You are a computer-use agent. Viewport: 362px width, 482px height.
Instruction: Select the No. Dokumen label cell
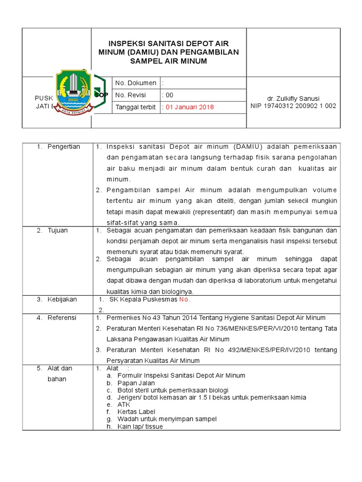pos(136,83)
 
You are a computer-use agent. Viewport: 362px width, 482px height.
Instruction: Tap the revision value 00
pos(168,95)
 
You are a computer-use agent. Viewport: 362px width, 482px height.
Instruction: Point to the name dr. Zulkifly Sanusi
pos(293,98)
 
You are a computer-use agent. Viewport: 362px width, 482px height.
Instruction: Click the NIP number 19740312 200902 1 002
pos(293,106)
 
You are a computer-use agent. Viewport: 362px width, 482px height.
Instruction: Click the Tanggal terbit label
pos(136,107)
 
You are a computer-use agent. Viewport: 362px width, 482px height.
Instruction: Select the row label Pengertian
pos(64,146)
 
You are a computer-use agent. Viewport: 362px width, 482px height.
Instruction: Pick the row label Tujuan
pos(58,230)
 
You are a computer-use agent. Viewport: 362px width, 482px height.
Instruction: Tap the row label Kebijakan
pos(62,299)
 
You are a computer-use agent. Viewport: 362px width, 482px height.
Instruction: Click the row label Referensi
pos(62,318)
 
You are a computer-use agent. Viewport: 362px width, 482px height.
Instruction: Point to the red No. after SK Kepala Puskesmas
pos(184,299)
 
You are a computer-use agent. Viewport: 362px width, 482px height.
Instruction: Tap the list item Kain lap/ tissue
pos(140,426)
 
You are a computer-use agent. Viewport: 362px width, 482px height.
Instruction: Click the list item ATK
pos(124,404)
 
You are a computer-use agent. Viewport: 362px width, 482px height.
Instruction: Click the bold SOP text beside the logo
pos(101,95)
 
